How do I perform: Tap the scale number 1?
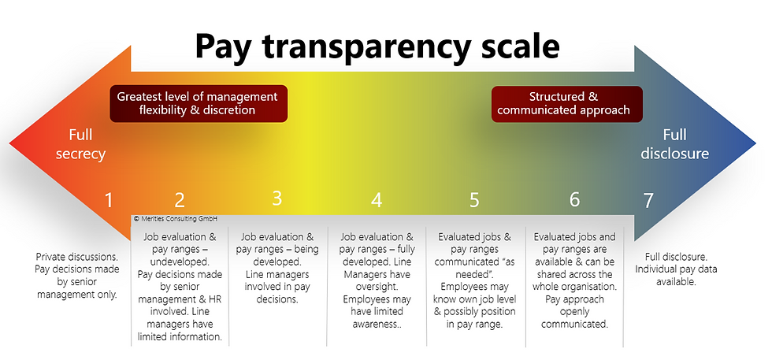click(x=109, y=200)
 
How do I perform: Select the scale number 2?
click(x=180, y=200)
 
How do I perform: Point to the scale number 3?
click(x=277, y=198)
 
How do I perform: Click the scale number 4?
click(x=377, y=200)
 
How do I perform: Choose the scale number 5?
click(x=474, y=200)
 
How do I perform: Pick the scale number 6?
click(x=574, y=199)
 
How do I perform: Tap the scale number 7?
click(x=648, y=200)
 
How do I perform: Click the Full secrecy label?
click(x=80, y=143)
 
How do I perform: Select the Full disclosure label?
click(x=674, y=143)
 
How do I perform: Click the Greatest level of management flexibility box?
click(x=198, y=103)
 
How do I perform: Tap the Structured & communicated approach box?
click(x=568, y=103)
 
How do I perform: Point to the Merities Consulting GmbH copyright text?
click(x=176, y=219)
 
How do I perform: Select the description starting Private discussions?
click(x=76, y=276)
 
